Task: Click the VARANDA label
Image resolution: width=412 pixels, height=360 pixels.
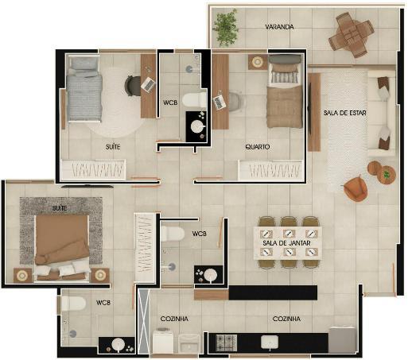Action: point(279,27)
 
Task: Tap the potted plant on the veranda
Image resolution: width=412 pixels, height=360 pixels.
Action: point(226,28)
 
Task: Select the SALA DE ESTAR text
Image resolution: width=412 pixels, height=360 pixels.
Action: point(344,113)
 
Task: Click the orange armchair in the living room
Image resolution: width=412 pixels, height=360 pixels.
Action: point(356,188)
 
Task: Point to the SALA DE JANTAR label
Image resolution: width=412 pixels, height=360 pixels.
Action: point(286,243)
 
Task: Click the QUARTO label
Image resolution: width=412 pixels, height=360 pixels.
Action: point(258,146)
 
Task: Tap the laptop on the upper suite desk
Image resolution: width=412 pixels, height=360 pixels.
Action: point(148,84)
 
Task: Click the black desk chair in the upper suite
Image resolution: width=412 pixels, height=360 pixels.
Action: point(133,86)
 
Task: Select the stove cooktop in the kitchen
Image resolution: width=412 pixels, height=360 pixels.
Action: point(226,343)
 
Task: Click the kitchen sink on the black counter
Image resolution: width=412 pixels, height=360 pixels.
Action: point(270,342)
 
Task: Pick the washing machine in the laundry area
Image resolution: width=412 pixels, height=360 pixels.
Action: point(163,341)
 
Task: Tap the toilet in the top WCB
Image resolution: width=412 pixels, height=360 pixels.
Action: point(194,100)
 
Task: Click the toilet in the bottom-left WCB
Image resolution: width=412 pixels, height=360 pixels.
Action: point(73,303)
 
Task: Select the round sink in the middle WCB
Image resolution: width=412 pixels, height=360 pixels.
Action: point(210,276)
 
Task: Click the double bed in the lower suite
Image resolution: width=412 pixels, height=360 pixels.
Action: point(62,248)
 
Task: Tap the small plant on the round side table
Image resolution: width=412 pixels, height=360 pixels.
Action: point(387,174)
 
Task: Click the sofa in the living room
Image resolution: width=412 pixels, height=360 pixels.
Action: point(381,114)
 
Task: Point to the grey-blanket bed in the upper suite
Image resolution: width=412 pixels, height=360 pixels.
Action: point(84,89)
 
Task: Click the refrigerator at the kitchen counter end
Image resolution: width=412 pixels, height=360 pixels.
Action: point(342,340)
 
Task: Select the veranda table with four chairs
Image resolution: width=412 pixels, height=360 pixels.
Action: point(352,35)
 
